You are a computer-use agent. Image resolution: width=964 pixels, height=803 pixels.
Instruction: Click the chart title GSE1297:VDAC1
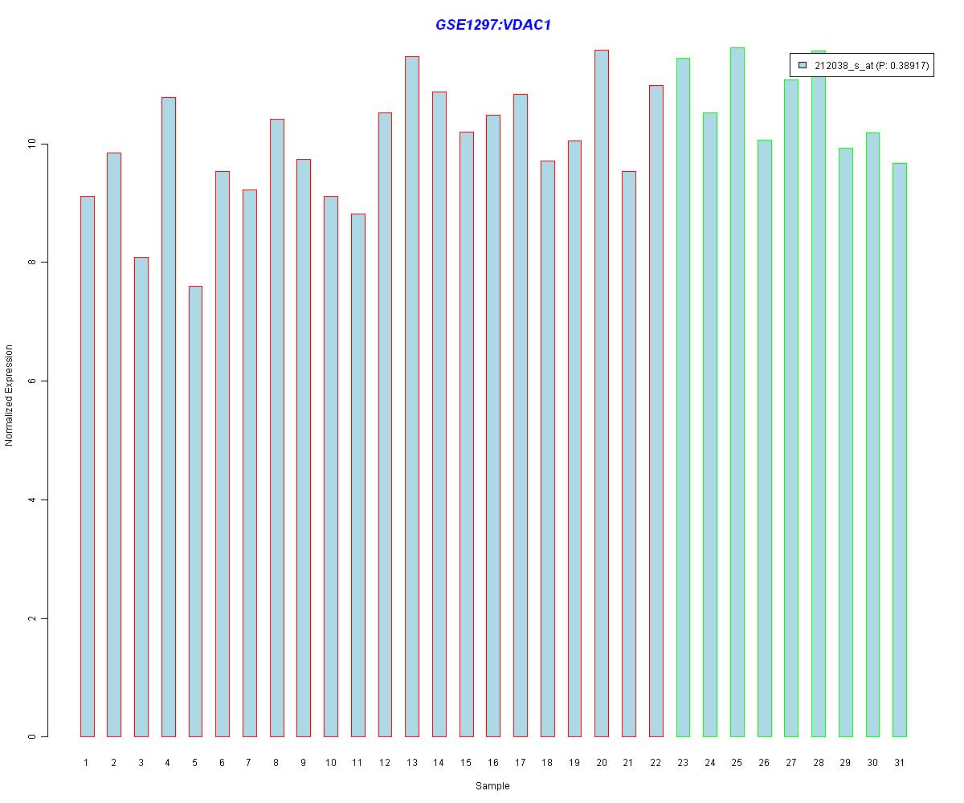pyautogui.click(x=492, y=25)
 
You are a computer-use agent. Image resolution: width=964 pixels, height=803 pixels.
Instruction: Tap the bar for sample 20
pyautogui.click(x=602, y=393)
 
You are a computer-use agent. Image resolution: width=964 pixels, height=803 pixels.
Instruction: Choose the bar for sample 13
pyautogui.click(x=412, y=397)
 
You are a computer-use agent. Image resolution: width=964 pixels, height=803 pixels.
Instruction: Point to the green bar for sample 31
pyautogui.click(x=900, y=450)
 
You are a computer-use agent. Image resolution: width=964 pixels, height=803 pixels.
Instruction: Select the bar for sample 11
pyautogui.click(x=357, y=475)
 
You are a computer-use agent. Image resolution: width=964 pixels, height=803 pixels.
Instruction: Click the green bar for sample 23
pyautogui.click(x=683, y=397)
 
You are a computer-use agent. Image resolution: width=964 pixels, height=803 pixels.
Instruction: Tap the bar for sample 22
pyautogui.click(x=656, y=410)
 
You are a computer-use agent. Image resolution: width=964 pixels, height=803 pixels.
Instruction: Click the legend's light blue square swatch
pyautogui.click(x=803, y=66)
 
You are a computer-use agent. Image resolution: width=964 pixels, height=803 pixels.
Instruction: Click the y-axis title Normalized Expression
pyautogui.click(x=10, y=395)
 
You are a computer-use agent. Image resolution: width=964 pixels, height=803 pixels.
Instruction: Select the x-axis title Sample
pyautogui.click(x=492, y=786)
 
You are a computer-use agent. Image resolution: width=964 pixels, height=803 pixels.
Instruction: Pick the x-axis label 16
pyautogui.click(x=493, y=762)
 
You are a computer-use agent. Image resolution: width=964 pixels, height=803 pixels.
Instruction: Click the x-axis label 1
pyautogui.click(x=86, y=762)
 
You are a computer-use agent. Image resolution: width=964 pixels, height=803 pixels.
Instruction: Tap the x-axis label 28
pyautogui.click(x=819, y=762)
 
